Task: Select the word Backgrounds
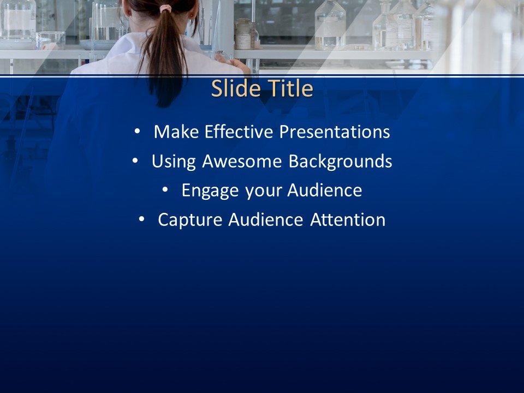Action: [x=340, y=162]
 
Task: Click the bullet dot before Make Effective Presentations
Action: [x=136, y=132]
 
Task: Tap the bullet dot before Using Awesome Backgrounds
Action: [x=134, y=161]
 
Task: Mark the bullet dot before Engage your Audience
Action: [x=165, y=190]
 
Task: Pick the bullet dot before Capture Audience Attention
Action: [x=141, y=219]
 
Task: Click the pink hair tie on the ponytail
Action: [x=165, y=9]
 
